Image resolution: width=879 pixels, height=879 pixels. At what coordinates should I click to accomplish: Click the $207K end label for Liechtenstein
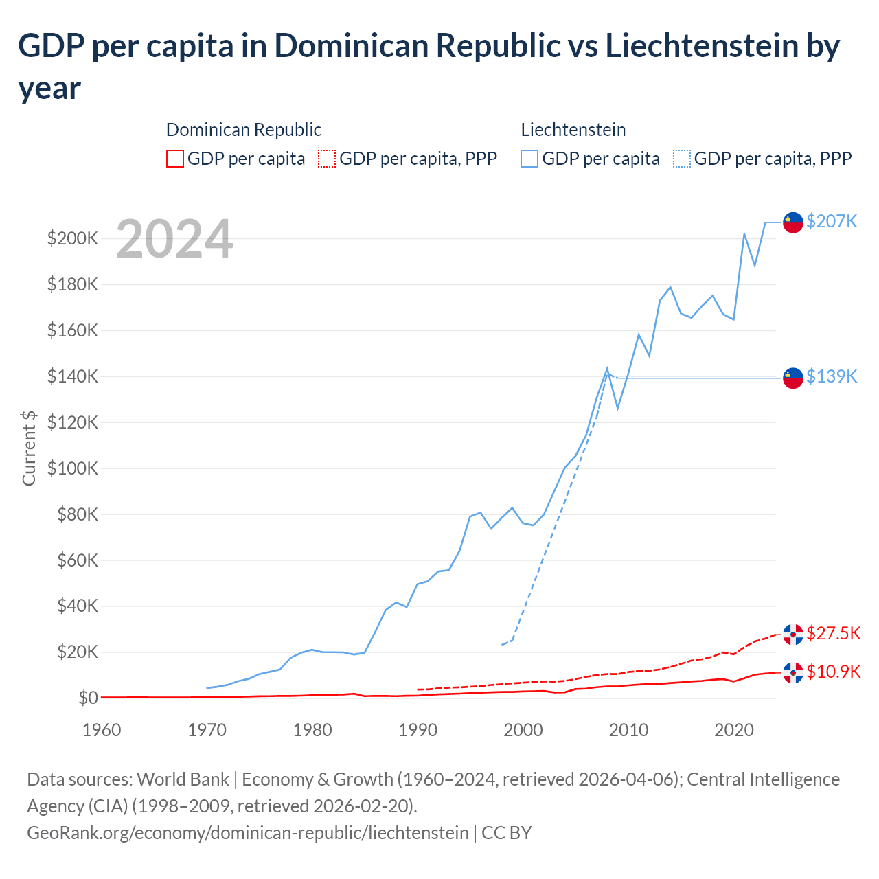point(832,221)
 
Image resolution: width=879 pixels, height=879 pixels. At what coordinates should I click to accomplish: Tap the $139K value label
point(832,376)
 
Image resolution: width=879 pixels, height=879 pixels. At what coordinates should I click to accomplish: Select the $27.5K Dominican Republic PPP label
point(833,633)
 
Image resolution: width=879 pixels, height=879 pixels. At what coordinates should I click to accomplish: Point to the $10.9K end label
point(833,672)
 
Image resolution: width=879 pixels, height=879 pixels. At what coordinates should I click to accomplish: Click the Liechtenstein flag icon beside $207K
point(793,222)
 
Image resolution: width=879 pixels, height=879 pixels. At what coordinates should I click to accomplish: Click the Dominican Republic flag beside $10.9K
point(793,673)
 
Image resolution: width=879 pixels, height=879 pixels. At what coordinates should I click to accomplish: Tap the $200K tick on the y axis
point(73,238)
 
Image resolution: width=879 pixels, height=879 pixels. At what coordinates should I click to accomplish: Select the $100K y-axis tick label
point(73,468)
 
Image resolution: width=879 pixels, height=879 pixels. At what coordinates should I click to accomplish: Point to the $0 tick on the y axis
point(88,698)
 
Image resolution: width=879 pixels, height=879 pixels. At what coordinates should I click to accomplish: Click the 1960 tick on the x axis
point(102,729)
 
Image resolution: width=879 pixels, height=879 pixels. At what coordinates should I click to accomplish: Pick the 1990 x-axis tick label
point(418,729)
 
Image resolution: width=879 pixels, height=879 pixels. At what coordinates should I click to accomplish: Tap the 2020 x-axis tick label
point(734,729)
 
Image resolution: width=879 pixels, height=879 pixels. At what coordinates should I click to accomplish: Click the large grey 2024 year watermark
point(174,239)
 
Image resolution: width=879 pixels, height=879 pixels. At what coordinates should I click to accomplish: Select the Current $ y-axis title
point(29,448)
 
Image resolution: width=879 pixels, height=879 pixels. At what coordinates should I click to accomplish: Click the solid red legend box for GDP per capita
point(175,159)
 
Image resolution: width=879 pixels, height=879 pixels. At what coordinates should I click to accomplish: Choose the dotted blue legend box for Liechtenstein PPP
point(682,159)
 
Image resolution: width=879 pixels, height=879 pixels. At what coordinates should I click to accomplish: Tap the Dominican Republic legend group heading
point(244,130)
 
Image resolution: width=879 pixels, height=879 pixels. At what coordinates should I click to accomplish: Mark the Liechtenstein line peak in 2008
point(607,369)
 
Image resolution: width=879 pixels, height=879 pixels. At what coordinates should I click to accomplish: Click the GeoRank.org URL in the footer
point(247,832)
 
